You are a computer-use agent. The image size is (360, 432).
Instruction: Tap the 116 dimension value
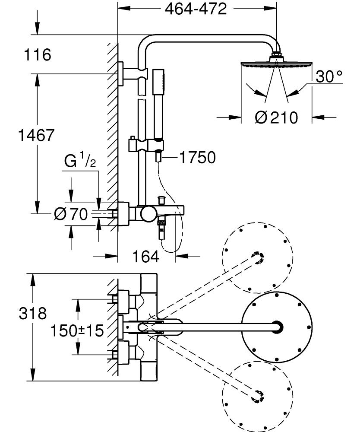pyautogui.click(x=38, y=55)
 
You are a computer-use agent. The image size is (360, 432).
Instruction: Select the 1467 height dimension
pyautogui.click(x=36, y=135)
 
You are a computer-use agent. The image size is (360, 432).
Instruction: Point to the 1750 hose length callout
pyautogui.click(x=197, y=158)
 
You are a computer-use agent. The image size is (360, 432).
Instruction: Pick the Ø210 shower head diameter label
pyautogui.click(x=277, y=117)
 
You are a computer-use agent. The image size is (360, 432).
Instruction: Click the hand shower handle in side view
pyautogui.click(x=158, y=104)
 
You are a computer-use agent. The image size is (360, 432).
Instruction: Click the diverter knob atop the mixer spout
pyautogui.click(x=162, y=200)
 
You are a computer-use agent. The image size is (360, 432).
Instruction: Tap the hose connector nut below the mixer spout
pyautogui.click(x=162, y=223)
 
